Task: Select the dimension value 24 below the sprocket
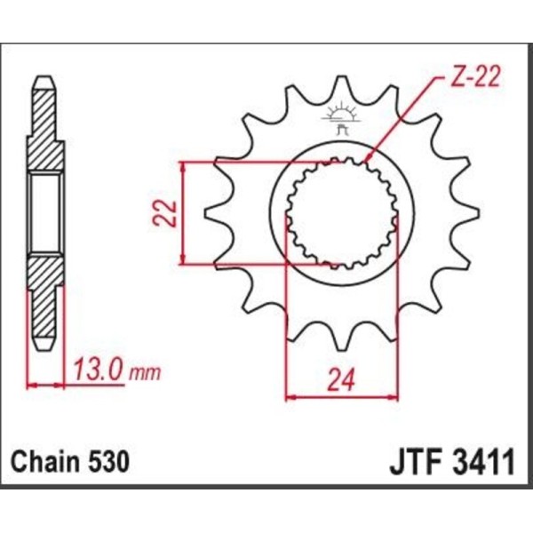[x=341, y=379]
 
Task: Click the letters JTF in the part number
[x=414, y=464]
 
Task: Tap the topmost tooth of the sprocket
[x=340, y=89]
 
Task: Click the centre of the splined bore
[x=340, y=212]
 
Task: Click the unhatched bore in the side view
[x=46, y=213]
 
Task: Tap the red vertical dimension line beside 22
[x=183, y=213]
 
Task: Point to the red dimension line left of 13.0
[x=46, y=385]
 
